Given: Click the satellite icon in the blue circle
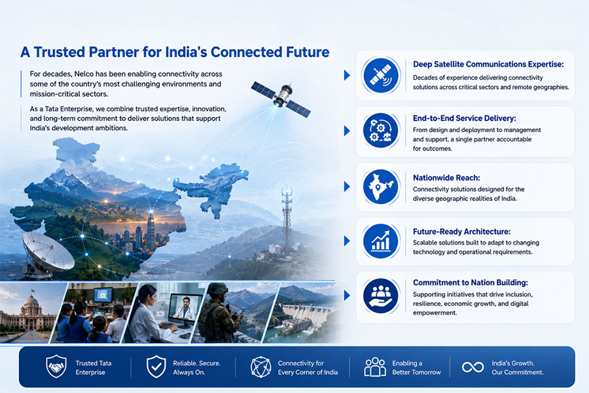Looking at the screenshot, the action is (381, 75).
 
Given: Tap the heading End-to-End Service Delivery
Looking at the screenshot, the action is (464, 118).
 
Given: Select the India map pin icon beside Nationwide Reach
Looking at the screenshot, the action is (381, 186).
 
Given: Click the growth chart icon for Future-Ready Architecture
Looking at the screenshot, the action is (381, 241).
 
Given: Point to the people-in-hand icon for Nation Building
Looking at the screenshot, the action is (381, 296).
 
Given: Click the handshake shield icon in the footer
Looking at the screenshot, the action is (56, 366).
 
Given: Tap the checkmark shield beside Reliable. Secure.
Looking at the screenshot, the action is (156, 366).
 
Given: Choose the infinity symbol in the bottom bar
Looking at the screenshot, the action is (473, 367).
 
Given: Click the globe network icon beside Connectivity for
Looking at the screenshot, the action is (260, 367).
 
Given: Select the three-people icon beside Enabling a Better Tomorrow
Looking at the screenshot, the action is (375, 367).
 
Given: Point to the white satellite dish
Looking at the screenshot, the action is (47, 252).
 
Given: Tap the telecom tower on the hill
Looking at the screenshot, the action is (287, 221).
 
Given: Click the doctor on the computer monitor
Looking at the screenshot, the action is (186, 308).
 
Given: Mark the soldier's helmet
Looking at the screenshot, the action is (217, 288).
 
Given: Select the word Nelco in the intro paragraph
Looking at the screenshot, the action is (84, 74).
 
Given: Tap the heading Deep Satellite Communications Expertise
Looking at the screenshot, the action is (488, 64).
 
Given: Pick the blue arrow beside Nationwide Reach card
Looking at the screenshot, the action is (347, 186).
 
